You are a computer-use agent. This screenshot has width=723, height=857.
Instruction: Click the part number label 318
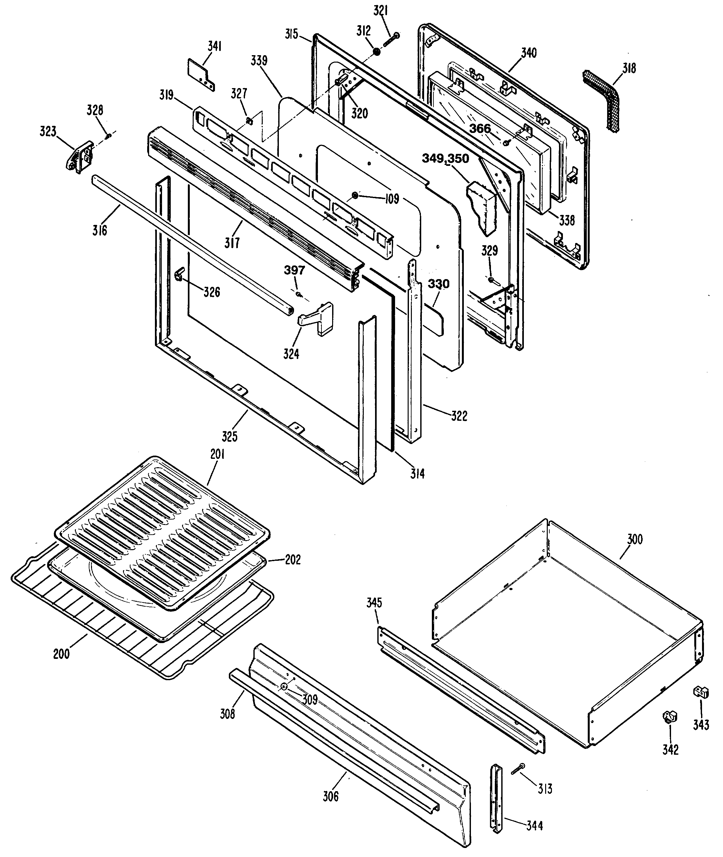coord(629,68)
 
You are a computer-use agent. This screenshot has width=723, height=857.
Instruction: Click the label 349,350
coord(445,158)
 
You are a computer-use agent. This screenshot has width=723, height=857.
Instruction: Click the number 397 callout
coord(295,270)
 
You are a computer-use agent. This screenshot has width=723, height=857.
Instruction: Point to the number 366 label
coord(480,129)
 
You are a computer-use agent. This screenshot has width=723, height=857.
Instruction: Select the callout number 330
coord(439,284)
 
